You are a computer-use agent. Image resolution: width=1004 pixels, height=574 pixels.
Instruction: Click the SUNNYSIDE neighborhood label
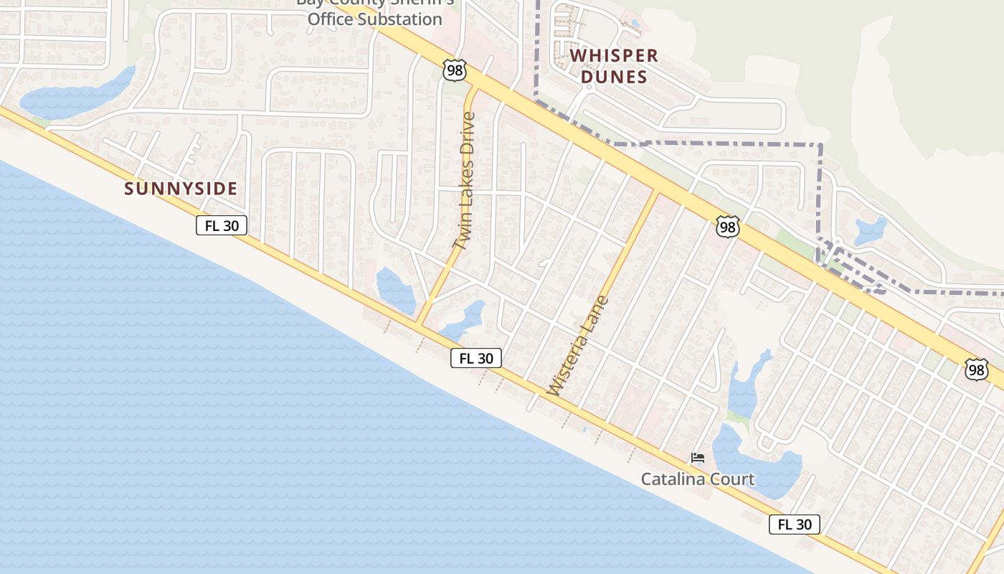181,189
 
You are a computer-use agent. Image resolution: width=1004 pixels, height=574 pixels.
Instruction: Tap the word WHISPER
614,55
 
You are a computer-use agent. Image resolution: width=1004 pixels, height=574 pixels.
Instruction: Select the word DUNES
614,77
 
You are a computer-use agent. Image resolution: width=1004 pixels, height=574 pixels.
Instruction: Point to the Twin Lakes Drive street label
465,181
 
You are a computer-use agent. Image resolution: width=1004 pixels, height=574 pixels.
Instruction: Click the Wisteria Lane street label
578,346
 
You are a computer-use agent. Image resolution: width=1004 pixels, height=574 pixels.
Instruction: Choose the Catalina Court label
697,479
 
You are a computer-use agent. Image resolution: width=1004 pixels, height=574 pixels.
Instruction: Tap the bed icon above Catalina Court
697,457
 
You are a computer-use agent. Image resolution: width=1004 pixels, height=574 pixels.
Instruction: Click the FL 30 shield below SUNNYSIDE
222,225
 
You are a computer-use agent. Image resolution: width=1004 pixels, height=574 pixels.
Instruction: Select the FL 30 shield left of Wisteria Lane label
475,358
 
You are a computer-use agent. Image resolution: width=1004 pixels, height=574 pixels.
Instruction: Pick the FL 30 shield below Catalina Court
794,524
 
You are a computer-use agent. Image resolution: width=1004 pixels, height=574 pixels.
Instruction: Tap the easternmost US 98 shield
976,370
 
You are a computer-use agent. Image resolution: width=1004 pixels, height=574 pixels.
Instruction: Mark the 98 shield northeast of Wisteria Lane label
727,227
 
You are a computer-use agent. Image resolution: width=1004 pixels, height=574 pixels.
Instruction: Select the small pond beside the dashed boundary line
871,231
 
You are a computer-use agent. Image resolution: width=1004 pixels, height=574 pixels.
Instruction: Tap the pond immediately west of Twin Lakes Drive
395,289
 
